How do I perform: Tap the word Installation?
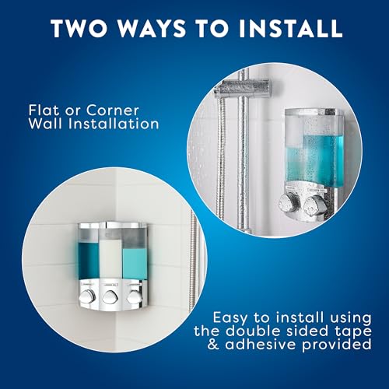pyautogui.click(x=114, y=124)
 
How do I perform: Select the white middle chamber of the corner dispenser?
pyautogui.click(x=114, y=254)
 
